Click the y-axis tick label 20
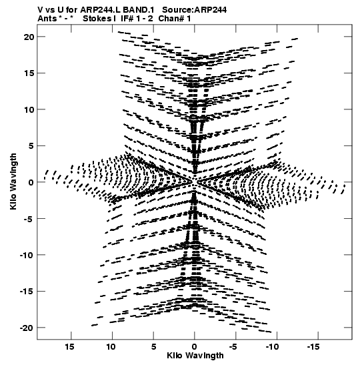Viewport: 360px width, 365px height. (x=29, y=37)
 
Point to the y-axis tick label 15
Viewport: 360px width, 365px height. (x=29, y=73)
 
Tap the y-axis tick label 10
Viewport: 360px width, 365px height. (x=29, y=109)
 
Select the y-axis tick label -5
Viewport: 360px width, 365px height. (x=29, y=219)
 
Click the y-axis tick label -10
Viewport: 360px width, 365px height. (x=27, y=255)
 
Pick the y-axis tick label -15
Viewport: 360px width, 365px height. (x=27, y=291)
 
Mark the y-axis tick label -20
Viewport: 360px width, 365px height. (x=27, y=328)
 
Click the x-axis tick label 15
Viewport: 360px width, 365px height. (x=69, y=347)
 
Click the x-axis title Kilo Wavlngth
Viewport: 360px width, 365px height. (x=195, y=356)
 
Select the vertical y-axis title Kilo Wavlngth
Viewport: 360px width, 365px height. (x=13, y=181)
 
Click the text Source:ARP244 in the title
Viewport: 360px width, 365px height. (x=194, y=10)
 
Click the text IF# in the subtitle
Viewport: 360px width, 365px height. (x=127, y=19)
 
